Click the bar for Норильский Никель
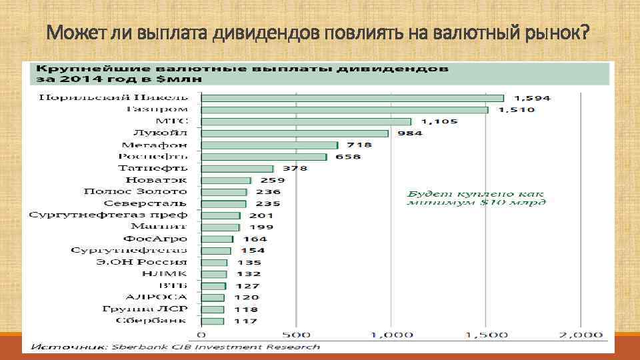click(352, 97)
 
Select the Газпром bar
click(344, 109)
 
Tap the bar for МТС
click(306, 121)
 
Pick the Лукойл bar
click(294, 133)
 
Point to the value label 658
click(348, 157)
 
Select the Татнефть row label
click(153, 168)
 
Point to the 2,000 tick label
click(579, 334)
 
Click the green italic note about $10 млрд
click(476, 197)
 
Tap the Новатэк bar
click(226, 180)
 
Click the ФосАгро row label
click(155, 239)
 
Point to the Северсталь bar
click(223, 204)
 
